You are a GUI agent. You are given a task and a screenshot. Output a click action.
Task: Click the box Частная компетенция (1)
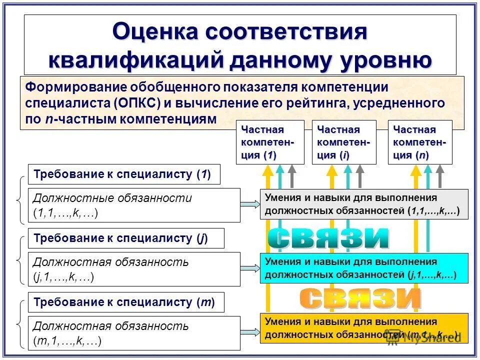270,142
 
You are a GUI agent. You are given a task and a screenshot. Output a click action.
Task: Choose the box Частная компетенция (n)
420,142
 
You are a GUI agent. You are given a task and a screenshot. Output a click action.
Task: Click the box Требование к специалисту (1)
124,174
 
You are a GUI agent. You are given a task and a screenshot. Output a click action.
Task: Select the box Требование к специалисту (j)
126,238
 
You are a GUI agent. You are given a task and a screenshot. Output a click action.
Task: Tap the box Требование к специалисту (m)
126,302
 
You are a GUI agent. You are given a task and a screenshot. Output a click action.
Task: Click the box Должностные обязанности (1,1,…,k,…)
134,205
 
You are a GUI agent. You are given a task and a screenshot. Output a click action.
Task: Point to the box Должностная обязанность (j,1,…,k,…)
134,269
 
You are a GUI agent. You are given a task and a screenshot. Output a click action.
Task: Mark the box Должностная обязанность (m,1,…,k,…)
134,333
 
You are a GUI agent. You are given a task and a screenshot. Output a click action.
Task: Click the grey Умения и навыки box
364,204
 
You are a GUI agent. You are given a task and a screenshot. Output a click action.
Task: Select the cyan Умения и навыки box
364,268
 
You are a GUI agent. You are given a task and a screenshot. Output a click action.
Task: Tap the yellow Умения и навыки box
364,328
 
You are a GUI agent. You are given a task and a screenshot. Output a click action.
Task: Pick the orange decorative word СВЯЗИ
360,299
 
